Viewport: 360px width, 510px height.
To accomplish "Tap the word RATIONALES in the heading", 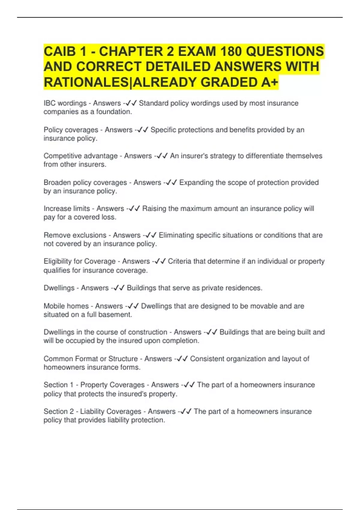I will click(x=85, y=82).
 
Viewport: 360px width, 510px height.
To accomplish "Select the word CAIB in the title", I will click(x=60, y=51).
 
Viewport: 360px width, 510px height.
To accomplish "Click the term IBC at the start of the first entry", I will click(x=49, y=103).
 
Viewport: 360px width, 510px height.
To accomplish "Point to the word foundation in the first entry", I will click(x=114, y=112).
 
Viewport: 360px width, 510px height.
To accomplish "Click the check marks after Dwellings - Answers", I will click(x=119, y=288).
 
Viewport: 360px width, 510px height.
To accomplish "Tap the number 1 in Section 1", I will click(x=71, y=385).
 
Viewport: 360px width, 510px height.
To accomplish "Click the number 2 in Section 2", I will click(x=71, y=412).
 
